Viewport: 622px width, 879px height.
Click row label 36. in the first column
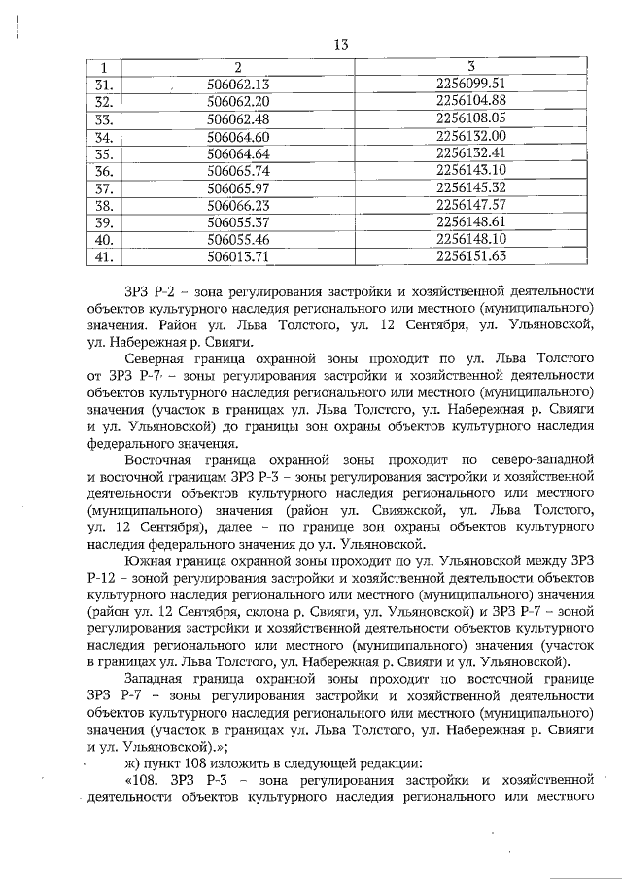(x=104, y=170)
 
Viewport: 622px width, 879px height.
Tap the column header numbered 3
(x=470, y=66)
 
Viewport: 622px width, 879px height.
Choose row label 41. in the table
(x=104, y=256)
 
